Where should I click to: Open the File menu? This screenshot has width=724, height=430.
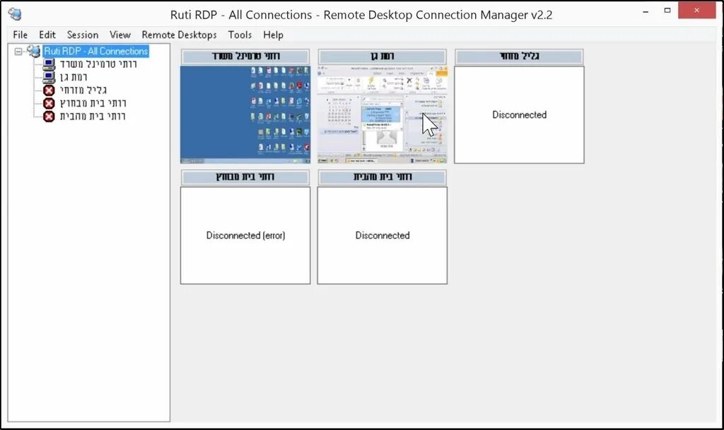click(x=20, y=35)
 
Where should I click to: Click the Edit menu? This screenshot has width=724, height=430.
click(x=47, y=35)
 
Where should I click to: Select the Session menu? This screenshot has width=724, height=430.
click(x=83, y=35)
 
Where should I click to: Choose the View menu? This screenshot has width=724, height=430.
click(x=120, y=35)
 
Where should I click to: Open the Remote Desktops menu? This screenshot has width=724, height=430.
click(x=179, y=35)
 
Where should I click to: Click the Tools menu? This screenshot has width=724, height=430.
click(x=240, y=35)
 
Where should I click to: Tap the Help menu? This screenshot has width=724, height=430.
click(x=273, y=35)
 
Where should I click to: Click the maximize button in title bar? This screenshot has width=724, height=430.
click(x=667, y=11)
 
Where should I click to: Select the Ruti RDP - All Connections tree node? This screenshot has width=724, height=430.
click(x=95, y=51)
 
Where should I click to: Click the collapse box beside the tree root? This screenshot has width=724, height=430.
click(x=18, y=52)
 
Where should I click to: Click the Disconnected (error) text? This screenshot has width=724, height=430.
click(x=245, y=236)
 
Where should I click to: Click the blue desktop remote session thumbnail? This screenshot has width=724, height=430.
click(x=245, y=115)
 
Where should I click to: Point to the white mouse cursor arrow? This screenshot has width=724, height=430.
click(x=428, y=124)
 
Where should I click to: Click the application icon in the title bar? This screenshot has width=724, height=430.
click(x=15, y=14)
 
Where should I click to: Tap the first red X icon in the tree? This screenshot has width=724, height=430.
click(x=49, y=91)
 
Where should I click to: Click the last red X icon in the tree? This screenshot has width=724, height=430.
click(x=49, y=116)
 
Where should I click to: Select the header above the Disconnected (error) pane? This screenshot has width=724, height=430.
click(x=245, y=178)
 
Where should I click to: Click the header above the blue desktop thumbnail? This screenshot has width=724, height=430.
click(x=245, y=57)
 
